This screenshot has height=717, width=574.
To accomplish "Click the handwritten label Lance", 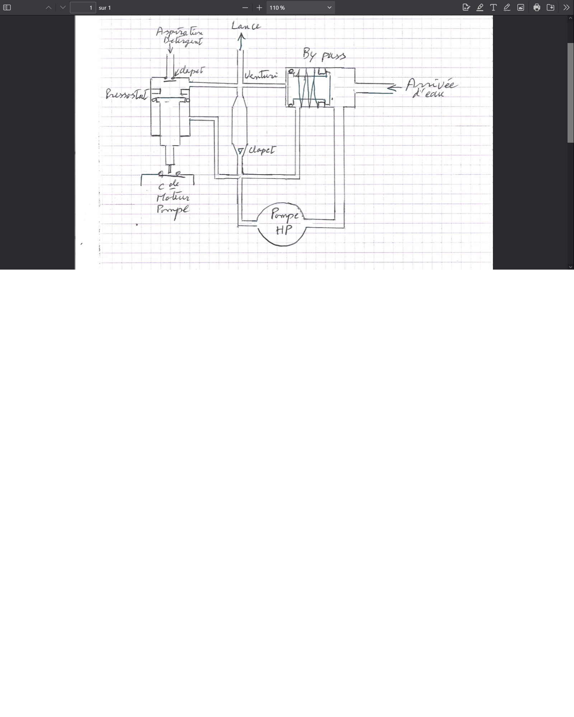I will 246,26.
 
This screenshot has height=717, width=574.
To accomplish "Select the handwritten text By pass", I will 324,55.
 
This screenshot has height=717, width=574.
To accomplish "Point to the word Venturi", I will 261,76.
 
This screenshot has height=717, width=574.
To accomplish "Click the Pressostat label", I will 126,94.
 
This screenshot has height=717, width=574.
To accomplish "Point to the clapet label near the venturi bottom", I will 262,150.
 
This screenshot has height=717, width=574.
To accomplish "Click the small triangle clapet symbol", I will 240,151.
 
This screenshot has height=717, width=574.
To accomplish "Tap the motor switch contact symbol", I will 170,174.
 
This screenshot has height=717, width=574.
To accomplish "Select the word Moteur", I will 173,197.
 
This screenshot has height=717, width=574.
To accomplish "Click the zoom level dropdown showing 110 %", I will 300,8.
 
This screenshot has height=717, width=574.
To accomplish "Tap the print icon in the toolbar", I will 537,8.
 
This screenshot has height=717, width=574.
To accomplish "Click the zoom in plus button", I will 259,8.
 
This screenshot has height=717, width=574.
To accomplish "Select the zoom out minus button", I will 245,8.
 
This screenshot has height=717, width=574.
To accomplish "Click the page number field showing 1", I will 83,8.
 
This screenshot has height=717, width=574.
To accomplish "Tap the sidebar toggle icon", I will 7,8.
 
